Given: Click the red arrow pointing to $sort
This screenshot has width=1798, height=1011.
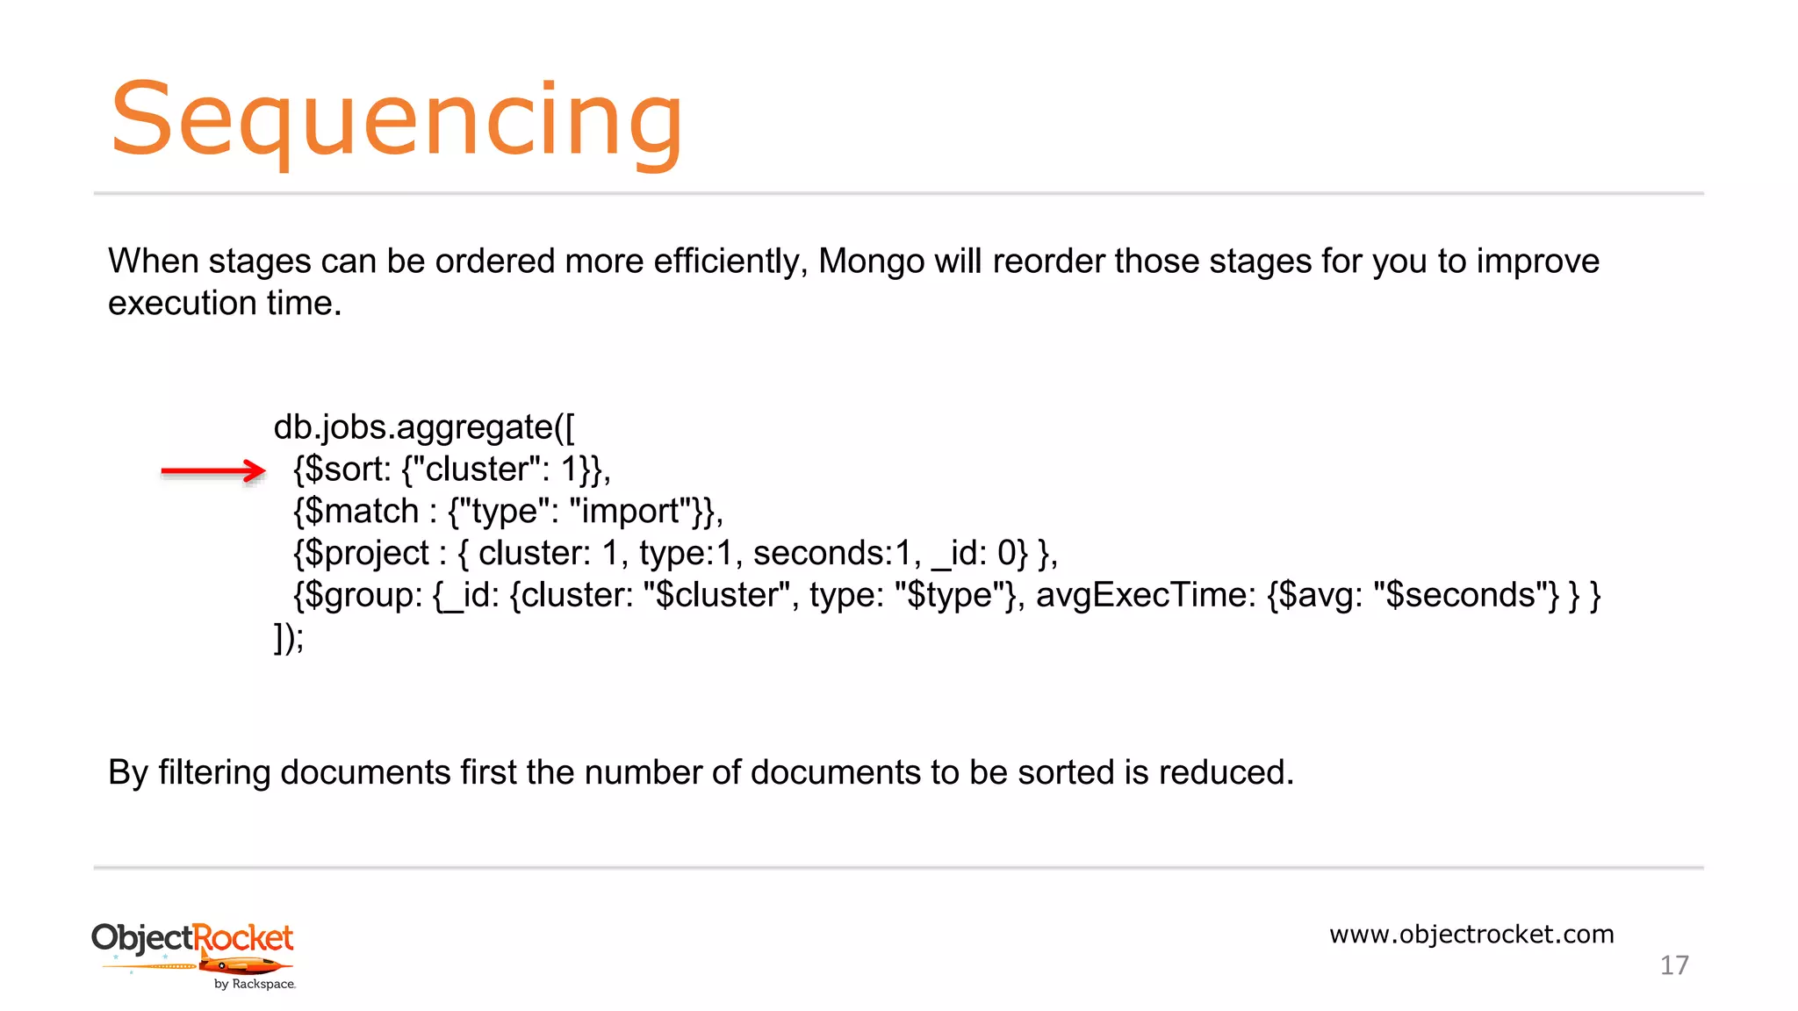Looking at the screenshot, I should pyautogui.click(x=213, y=471).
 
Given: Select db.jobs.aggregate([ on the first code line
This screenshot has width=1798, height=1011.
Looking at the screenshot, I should pyautogui.click(x=424, y=427).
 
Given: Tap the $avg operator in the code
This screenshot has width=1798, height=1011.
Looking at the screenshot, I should pyautogui.click(x=1314, y=596).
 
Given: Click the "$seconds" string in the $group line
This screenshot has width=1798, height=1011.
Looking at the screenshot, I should pyautogui.click(x=1465, y=596).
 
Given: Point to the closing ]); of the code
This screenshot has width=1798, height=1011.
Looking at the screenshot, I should pyautogui.click(x=289, y=637).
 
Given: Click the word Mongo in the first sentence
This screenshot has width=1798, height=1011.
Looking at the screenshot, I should pyautogui.click(x=871, y=262).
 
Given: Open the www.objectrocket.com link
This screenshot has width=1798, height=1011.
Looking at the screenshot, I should pyautogui.click(x=1471, y=934).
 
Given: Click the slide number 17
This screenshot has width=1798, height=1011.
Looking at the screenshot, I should pyautogui.click(x=1674, y=965).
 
